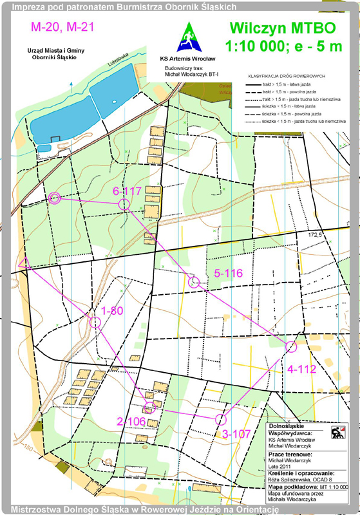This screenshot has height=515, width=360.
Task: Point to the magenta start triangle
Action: click(24, 262)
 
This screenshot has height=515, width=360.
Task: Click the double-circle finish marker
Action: click(55, 198)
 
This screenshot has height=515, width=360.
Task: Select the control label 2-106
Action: click(132, 421)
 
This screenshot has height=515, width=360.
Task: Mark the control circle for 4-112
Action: click(290, 347)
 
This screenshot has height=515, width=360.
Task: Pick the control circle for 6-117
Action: click(124, 204)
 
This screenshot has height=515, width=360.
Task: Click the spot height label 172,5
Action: click(314, 235)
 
